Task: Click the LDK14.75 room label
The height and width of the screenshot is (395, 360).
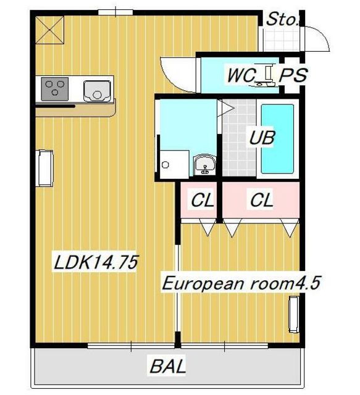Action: [96, 262]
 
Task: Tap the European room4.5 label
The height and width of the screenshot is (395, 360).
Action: [241, 283]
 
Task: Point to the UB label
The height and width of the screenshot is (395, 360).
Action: [262, 138]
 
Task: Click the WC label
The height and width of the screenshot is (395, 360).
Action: [241, 75]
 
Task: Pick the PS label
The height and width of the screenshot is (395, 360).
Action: [293, 75]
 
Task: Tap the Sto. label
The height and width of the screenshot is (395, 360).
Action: [282, 19]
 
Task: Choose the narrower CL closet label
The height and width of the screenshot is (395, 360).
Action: [203, 200]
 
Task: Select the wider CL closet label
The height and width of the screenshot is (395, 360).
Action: [261, 200]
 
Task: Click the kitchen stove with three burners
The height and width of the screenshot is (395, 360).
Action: [55, 89]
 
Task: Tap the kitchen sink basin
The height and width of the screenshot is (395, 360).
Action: [97, 91]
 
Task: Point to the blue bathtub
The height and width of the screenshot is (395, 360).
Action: [277, 139]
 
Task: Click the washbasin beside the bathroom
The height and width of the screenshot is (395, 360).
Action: [205, 165]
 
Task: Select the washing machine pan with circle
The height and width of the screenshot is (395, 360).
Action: [175, 164]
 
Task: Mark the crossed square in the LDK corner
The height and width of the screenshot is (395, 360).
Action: [49, 30]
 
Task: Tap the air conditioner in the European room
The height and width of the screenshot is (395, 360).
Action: [294, 314]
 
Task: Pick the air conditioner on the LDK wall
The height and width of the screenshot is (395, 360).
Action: [44, 168]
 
